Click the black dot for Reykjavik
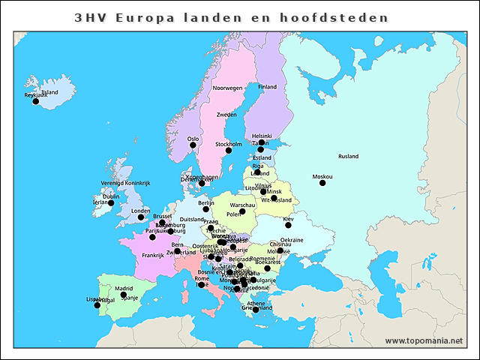coord(35,101)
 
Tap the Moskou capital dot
coord(322,183)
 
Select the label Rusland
coord(348,157)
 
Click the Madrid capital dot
coord(124,295)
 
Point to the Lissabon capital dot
coord(97,305)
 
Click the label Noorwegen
coord(228,88)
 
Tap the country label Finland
coord(267,87)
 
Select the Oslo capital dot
coord(193,145)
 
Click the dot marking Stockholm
coord(229,150)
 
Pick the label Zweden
coord(226,115)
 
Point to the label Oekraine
coord(292,240)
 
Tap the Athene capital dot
coord(256,310)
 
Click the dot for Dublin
coord(111,202)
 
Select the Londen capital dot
coord(140,217)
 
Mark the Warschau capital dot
coord(242,211)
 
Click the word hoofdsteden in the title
coord(343,16)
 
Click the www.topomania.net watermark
coord(424,340)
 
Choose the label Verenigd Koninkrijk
coord(126,183)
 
